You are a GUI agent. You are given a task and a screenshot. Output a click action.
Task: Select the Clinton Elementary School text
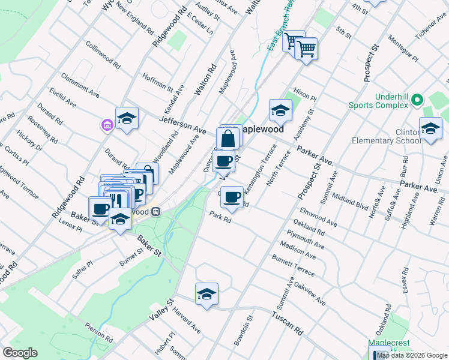pyautogui.click(x=415, y=136)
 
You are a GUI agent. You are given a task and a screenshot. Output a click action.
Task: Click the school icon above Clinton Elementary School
pyautogui.click(x=430, y=129)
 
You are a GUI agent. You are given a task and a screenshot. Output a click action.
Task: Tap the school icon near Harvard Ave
pyautogui.click(x=206, y=294)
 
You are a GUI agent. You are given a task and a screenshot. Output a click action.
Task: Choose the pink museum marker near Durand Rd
pyautogui.click(x=107, y=125)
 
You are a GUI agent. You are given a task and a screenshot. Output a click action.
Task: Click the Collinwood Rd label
pyautogui.click(x=103, y=53)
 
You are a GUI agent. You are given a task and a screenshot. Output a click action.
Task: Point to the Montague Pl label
pyautogui.click(x=403, y=46)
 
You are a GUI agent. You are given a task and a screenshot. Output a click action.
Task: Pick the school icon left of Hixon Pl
pyautogui.click(x=280, y=110)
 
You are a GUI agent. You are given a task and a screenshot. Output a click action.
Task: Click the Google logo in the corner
pyautogui.click(x=20, y=352)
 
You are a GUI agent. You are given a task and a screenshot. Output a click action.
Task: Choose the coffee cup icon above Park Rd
pyautogui.click(x=232, y=196)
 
